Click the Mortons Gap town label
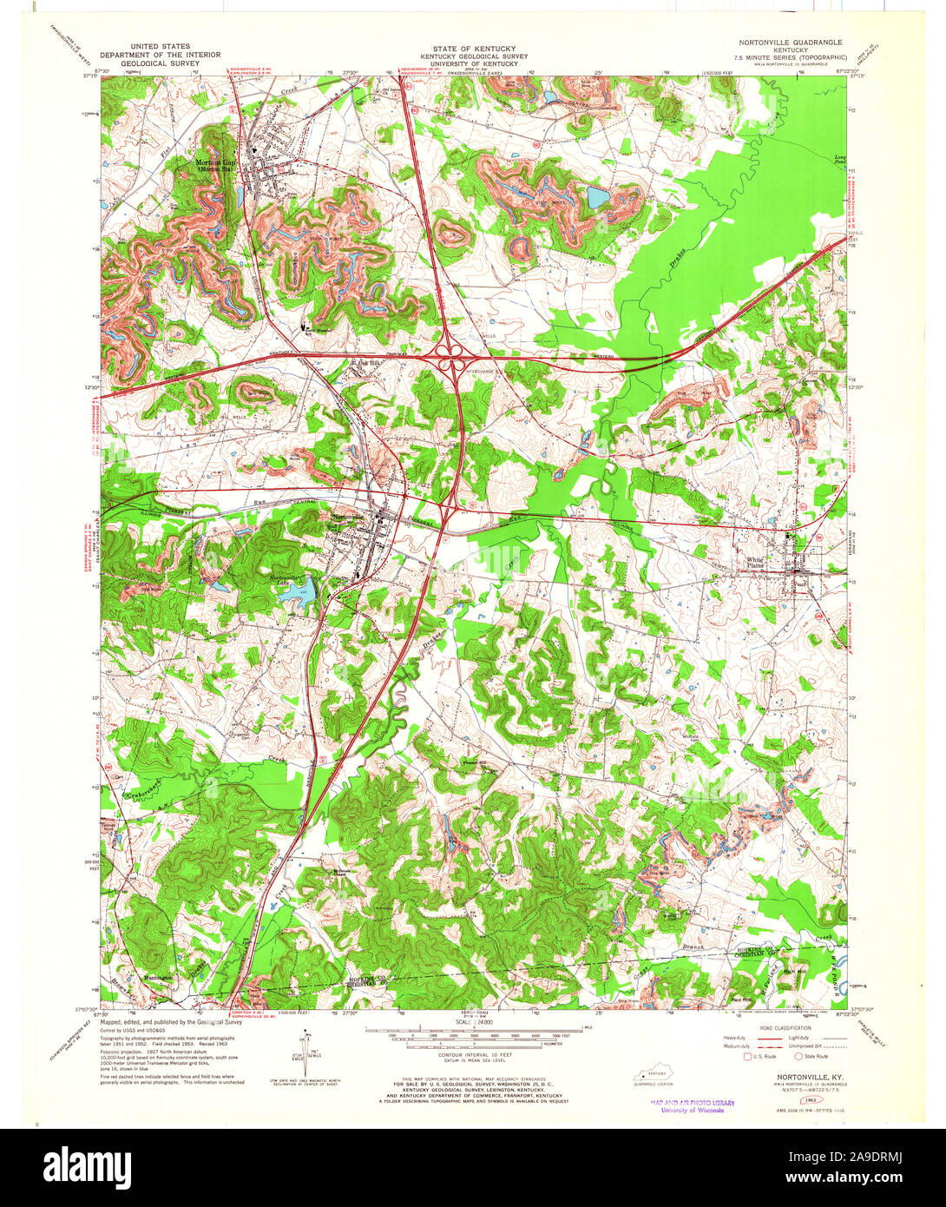tap(215, 164)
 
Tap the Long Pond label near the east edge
tap(838, 160)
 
